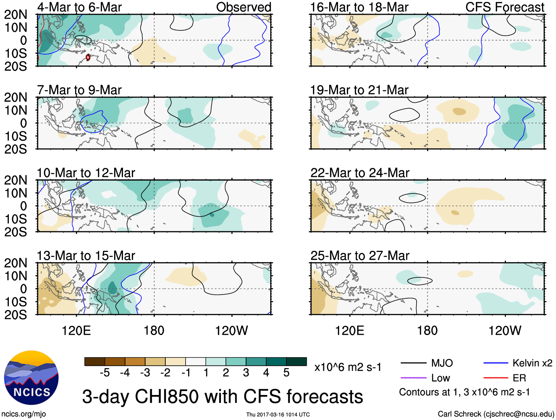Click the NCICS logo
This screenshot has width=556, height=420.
tap(31, 378)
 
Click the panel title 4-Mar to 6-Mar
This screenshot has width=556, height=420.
tap(79, 7)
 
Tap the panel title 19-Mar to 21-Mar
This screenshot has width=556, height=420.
tap(359, 90)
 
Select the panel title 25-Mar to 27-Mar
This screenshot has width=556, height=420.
tap(359, 256)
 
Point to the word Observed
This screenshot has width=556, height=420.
tap(243, 7)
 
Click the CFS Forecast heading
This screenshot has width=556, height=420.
tap(504, 7)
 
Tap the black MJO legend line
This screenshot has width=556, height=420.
tap(413, 363)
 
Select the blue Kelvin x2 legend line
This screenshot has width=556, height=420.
tap(496, 363)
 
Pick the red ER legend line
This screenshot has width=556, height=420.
tap(496, 378)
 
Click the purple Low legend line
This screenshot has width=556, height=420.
tap(413, 378)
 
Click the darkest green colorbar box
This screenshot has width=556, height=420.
tap(296, 362)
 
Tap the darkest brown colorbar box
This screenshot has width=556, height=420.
tap(95, 362)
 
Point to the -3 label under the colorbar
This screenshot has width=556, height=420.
tap(145, 373)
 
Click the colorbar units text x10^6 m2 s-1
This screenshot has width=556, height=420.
tap(348, 367)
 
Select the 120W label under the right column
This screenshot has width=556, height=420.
tap(504, 331)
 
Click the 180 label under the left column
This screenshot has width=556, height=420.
tap(154, 331)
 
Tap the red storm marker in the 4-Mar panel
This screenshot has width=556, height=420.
tap(88, 57)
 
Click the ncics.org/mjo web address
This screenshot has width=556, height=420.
tap(24, 414)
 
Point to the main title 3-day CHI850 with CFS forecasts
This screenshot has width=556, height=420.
tap(222, 397)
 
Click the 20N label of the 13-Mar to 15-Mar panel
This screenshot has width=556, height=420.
tap(15, 263)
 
